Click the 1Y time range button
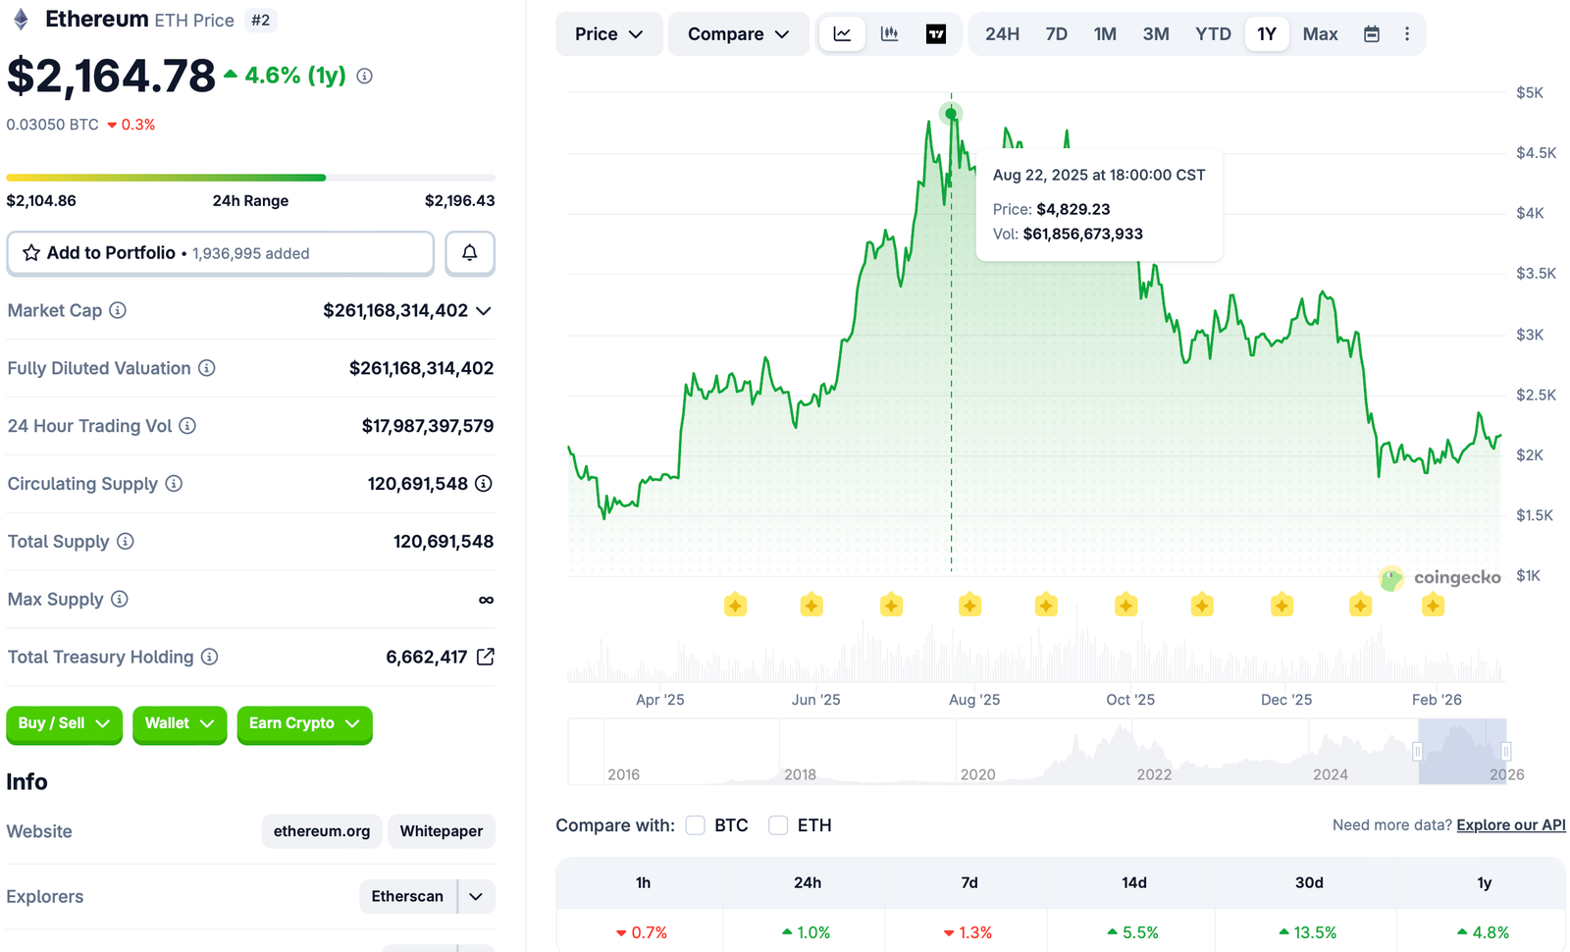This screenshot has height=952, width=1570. [x=1267, y=34]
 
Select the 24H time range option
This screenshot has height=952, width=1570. [x=1002, y=34]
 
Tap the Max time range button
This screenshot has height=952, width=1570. [x=1320, y=34]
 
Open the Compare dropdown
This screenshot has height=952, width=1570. [x=738, y=34]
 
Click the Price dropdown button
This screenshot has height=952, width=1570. [x=608, y=34]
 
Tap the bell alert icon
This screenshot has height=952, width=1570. [x=470, y=253]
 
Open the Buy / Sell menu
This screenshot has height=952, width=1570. [x=64, y=724]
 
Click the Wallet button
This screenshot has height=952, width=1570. [x=180, y=724]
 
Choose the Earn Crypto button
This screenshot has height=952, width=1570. [x=304, y=724]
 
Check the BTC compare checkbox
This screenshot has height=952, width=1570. [x=696, y=825]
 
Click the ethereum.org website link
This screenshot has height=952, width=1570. [x=322, y=831]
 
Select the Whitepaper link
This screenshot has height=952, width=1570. [x=442, y=831]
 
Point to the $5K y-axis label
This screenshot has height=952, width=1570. [x=1529, y=93]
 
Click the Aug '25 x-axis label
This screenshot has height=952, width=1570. [x=974, y=700]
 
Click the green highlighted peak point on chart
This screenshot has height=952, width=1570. [x=951, y=114]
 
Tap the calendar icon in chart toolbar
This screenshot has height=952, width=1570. [x=1372, y=34]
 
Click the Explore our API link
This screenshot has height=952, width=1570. [x=1510, y=825]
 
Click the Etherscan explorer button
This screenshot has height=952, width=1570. [x=407, y=896]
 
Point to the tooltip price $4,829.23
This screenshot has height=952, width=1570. [x=1073, y=209]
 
